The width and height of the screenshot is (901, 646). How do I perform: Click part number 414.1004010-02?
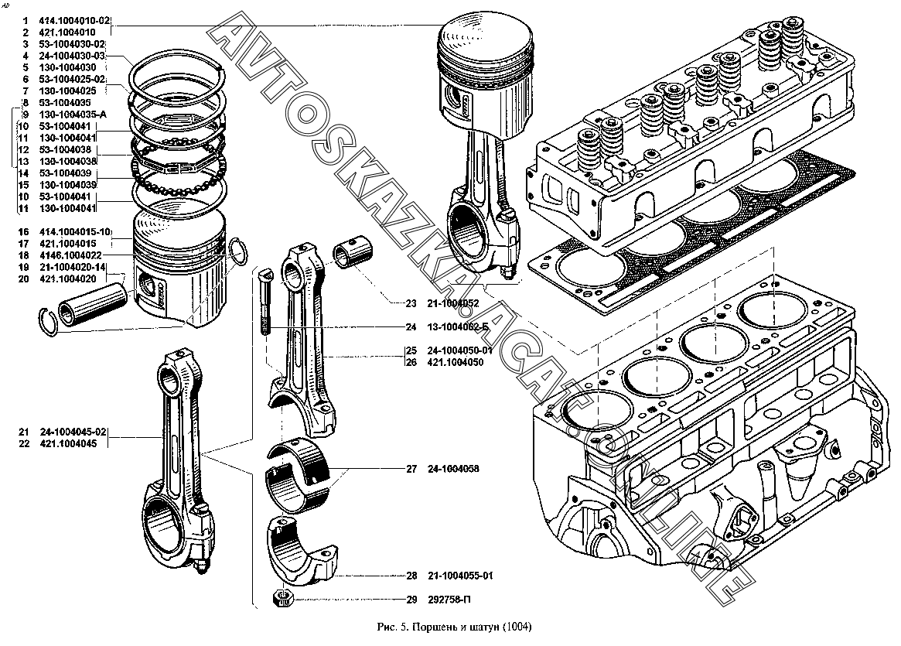75,20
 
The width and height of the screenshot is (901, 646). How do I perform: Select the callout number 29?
411,599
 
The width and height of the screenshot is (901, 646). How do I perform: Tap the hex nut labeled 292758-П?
283,598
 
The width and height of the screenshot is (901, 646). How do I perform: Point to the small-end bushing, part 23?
354,255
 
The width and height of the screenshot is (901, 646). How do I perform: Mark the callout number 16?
23,232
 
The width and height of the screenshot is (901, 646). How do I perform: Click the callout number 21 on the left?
23,431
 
